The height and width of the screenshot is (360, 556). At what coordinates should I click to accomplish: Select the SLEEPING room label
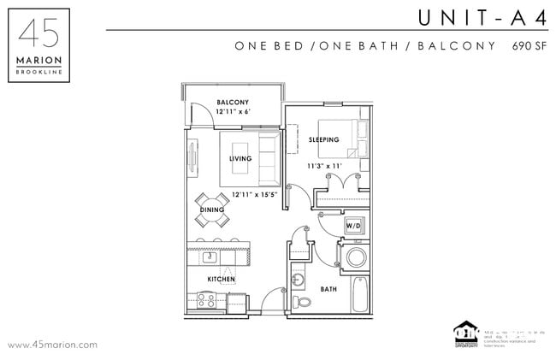point(323,139)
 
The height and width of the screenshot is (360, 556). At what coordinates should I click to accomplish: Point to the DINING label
point(211,210)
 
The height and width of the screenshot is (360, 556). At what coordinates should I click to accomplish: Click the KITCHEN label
point(221,280)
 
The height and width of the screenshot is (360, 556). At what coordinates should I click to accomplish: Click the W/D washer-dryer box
point(353,225)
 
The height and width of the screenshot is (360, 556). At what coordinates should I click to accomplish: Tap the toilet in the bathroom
point(300,303)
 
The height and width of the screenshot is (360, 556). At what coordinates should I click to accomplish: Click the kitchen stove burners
point(205,300)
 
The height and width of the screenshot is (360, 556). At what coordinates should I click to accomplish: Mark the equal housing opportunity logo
point(466,333)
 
